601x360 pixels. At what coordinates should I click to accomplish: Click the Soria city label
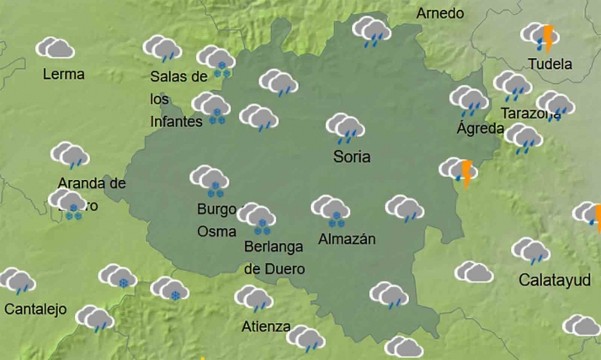coord(352,156)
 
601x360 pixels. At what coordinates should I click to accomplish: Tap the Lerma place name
coord(63,74)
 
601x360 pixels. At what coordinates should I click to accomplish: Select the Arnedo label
coord(439,13)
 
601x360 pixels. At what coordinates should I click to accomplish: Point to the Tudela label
coord(549,64)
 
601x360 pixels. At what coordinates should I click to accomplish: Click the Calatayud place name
coord(554,279)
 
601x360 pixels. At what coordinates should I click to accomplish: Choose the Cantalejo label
coord(35,309)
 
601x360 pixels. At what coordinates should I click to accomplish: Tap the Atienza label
coord(265,326)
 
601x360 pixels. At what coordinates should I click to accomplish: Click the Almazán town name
coord(347,239)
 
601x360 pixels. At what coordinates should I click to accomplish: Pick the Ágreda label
coord(480,129)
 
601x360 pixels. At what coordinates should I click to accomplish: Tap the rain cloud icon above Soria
coord(345,129)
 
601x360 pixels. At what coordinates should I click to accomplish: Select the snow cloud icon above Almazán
coord(331,210)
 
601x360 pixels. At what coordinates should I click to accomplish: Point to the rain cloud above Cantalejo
coord(17,281)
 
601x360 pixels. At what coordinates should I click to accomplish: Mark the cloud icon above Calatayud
coord(531,251)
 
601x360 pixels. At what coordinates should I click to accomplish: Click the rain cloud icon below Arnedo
coord(371,32)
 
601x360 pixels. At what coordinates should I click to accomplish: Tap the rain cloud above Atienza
coord(253,299)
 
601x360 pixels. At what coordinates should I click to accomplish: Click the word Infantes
coord(176,121)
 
